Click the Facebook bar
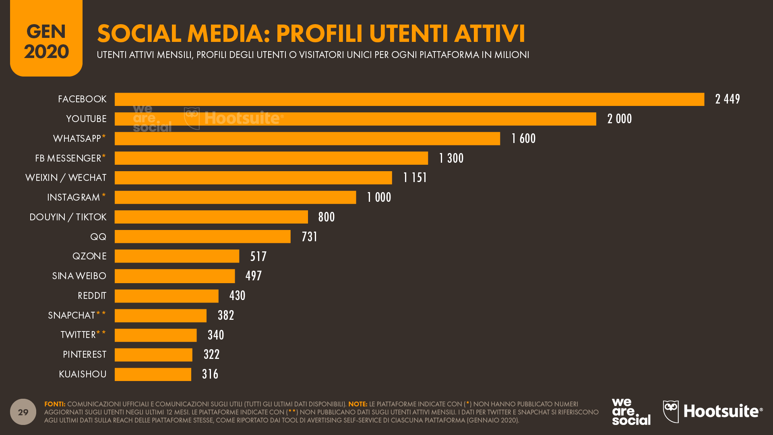coord(409,99)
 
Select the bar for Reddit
coord(166,296)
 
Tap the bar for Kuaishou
coord(153,375)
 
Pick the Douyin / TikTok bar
coord(211,217)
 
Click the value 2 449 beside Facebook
coord(727,99)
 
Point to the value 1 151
coord(415,178)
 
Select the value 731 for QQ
coord(309,237)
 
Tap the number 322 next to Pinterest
coord(211,354)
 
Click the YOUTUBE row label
coord(86,119)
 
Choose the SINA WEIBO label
coord(79,276)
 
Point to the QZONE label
coord(89,256)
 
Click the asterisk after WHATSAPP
coord(104,137)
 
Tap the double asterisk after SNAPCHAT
coord(101,314)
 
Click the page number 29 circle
coord(23,412)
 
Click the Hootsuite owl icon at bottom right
coord(671,411)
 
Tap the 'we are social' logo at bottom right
coord(631,412)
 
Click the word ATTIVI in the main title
coord(489,33)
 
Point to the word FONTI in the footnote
coord(54,404)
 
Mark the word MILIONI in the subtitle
coord(512,55)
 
